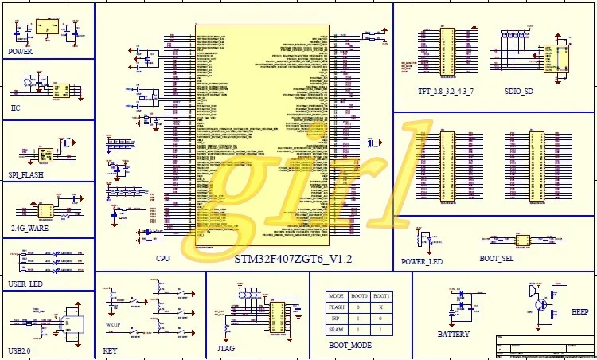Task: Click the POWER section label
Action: pyautogui.click(x=20, y=51)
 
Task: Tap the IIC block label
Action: pyautogui.click(x=15, y=108)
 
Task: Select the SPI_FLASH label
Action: pyautogui.click(x=26, y=174)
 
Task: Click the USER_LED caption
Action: pyautogui.click(x=25, y=284)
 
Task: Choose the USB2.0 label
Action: pyautogui.click(x=21, y=350)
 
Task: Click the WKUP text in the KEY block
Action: pyautogui.click(x=112, y=325)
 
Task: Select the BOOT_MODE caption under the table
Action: pyautogui.click(x=350, y=346)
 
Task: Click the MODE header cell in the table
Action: pyautogui.click(x=337, y=295)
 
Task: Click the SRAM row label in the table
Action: pyautogui.click(x=337, y=329)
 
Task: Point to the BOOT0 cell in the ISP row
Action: pyautogui.click(x=358, y=318)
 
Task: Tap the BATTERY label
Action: pyautogui.click(x=454, y=335)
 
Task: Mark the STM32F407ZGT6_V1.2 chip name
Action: pyautogui.click(x=293, y=260)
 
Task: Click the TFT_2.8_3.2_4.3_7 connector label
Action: pyautogui.click(x=446, y=92)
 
